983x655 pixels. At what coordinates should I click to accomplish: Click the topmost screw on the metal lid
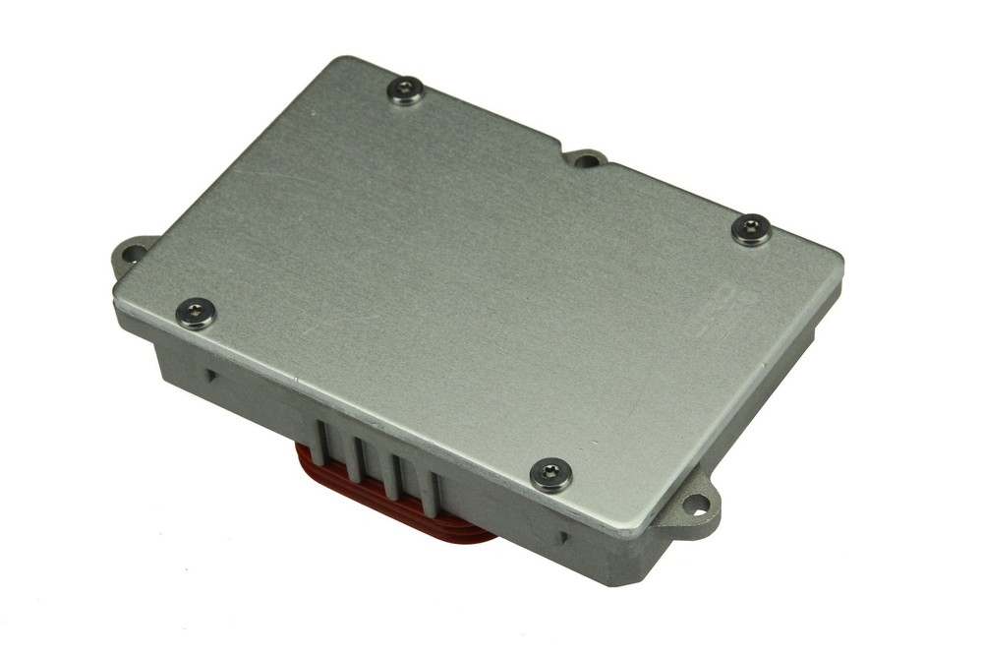404,92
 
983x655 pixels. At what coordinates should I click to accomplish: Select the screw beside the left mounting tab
194,314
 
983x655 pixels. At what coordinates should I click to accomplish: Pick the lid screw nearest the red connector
550,474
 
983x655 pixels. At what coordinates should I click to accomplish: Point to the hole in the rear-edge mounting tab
586,160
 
